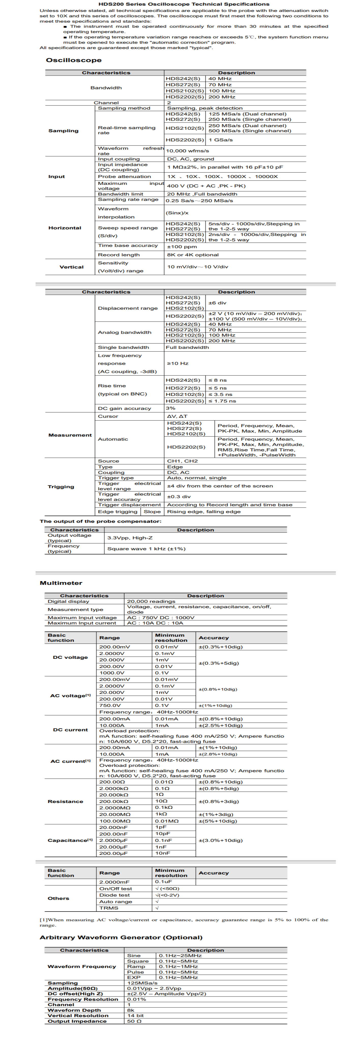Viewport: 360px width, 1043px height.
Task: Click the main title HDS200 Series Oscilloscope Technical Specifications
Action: [184, 4]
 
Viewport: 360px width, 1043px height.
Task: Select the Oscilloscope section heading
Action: [74, 60]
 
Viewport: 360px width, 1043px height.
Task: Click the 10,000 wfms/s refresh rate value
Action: [187, 151]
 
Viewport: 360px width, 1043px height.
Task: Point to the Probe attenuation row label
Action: [124, 176]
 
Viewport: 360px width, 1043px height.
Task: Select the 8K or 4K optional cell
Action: [193, 255]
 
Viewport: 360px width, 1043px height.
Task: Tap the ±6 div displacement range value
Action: [217, 303]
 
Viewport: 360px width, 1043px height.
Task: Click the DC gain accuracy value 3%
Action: [171, 408]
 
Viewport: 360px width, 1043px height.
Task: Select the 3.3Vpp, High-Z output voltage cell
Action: [130, 538]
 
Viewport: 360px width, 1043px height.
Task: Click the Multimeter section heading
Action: [61, 583]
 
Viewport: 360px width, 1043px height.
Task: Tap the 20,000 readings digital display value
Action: [151, 601]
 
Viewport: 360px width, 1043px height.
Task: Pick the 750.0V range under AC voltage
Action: [110, 705]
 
